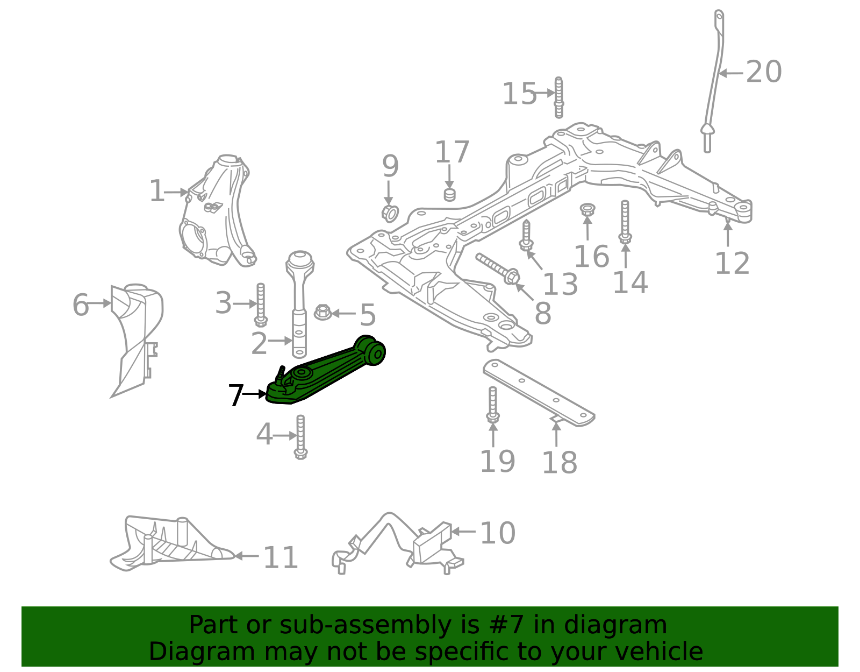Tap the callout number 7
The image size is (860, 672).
click(x=236, y=395)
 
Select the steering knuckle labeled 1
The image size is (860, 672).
click(x=218, y=215)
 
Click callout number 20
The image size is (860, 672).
click(x=764, y=72)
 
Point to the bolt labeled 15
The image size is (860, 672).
click(x=559, y=97)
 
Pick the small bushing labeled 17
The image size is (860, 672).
click(x=449, y=194)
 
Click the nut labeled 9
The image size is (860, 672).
click(x=390, y=213)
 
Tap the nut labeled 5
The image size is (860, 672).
click(x=322, y=312)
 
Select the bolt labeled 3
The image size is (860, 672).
click(x=261, y=305)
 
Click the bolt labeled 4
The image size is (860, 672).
click(x=300, y=437)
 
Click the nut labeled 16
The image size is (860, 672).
click(x=587, y=210)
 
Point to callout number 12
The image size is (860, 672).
click(x=732, y=264)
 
